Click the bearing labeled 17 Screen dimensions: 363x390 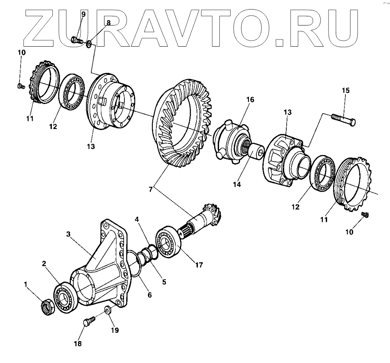click(x=170, y=241)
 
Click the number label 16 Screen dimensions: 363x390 click(x=250, y=99)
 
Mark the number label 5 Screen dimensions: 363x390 click(x=163, y=281)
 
